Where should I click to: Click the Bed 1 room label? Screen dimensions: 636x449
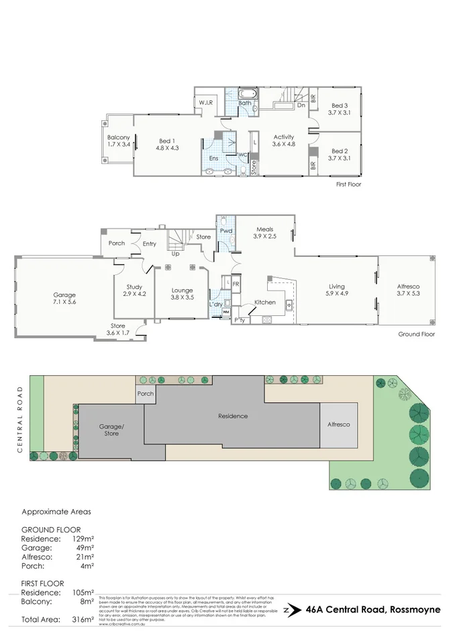[168, 141]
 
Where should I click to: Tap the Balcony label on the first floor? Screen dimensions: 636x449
[118, 138]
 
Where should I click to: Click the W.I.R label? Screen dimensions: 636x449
[205, 103]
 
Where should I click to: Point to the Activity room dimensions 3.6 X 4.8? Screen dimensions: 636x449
[284, 144]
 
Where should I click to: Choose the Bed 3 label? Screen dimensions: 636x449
[340, 106]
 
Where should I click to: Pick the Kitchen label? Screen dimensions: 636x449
[265, 303]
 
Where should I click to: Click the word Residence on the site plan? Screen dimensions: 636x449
[233, 416]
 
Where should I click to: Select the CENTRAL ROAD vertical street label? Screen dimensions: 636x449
[21, 420]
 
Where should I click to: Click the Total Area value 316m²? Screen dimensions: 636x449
[81, 619]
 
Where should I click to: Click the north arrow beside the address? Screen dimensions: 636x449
[287, 610]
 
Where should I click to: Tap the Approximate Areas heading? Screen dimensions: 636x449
[56, 511]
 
